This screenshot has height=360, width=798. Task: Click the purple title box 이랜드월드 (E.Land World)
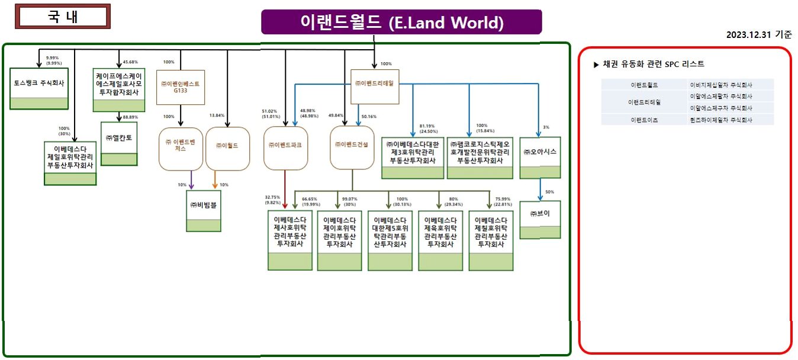(401, 22)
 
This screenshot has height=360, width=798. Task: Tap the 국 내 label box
(63, 16)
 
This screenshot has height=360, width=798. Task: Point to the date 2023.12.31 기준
(759, 35)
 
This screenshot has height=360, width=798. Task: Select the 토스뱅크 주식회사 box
(39, 88)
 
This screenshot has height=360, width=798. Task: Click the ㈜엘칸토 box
(119, 143)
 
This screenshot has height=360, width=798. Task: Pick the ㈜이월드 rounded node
(227, 149)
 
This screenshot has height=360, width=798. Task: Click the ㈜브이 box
(540, 220)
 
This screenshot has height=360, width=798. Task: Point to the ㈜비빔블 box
(204, 211)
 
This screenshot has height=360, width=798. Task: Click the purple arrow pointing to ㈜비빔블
(191, 180)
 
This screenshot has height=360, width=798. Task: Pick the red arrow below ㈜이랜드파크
(285, 187)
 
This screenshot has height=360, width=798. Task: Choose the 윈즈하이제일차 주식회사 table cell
(731, 120)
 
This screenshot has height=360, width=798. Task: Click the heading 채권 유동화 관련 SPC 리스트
(649, 64)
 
